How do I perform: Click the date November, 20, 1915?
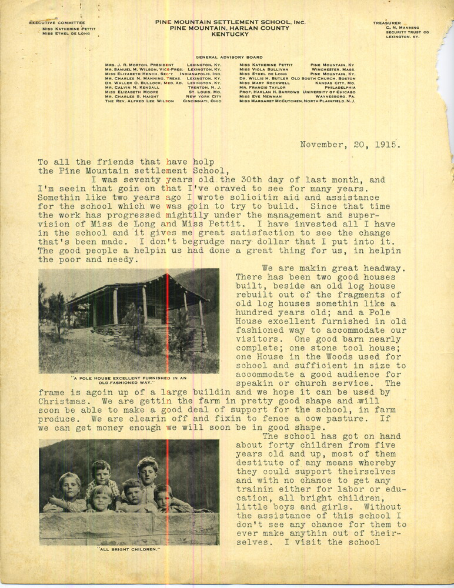point(350,145)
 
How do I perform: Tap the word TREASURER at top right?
point(386,23)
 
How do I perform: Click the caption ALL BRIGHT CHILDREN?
point(129,550)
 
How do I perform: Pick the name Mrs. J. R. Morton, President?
point(139,65)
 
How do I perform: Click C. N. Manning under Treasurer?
point(403,28)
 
